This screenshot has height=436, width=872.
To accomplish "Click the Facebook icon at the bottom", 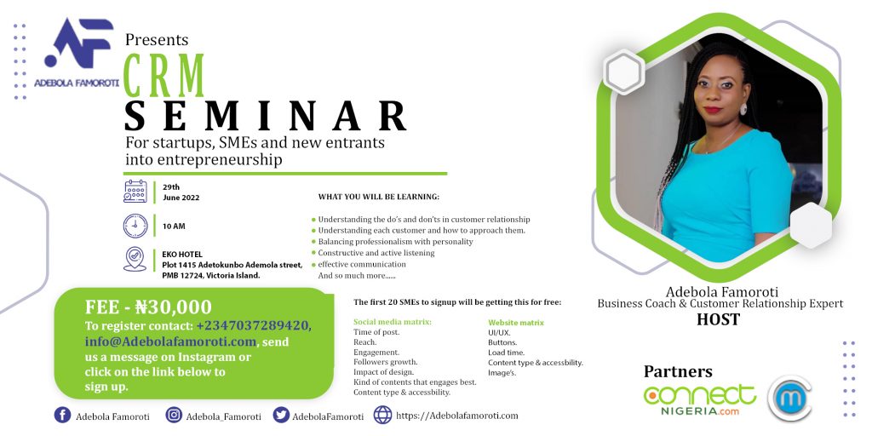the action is (x=62, y=416).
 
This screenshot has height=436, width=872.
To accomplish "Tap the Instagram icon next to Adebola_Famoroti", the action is (x=174, y=416).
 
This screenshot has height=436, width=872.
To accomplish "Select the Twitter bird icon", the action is (x=281, y=416).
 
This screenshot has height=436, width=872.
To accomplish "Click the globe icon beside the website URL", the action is (x=382, y=415).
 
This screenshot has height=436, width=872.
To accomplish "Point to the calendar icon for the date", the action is (x=135, y=192).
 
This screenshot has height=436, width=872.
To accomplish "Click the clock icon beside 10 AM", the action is (x=135, y=226).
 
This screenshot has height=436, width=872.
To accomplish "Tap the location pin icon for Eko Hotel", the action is (x=135, y=259).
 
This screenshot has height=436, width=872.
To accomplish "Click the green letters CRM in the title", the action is (x=164, y=76).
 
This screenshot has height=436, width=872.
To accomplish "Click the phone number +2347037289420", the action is (x=254, y=326).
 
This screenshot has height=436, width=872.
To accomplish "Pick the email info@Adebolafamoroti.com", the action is (x=170, y=341).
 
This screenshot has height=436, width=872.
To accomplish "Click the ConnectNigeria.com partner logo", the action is (x=700, y=400).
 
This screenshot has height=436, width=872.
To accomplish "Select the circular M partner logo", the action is (x=789, y=399).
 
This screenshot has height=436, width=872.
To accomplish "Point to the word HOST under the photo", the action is (x=719, y=320).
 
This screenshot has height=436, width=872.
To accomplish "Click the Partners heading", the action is (x=678, y=371).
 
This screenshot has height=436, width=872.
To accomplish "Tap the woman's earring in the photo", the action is (x=743, y=108).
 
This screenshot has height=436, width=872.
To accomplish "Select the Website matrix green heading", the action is (x=516, y=323).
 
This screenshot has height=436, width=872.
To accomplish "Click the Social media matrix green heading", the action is (x=393, y=322).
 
